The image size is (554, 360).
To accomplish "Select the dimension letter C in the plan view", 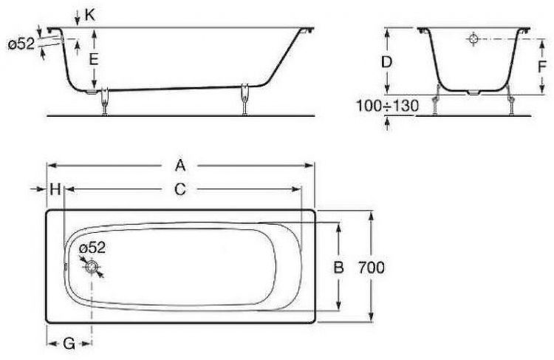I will [179, 190].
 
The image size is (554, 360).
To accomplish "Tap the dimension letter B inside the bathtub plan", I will [338, 268].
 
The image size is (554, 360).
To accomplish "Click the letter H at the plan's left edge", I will [55, 190].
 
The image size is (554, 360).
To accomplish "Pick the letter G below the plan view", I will [68, 343].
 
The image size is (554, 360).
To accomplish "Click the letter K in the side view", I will [90, 14].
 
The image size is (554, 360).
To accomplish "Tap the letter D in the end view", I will [386, 62].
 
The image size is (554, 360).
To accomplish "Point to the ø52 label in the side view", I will [21, 44].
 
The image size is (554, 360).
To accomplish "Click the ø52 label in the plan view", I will [93, 248].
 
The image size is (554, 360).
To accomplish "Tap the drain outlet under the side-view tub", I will [89, 92].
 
